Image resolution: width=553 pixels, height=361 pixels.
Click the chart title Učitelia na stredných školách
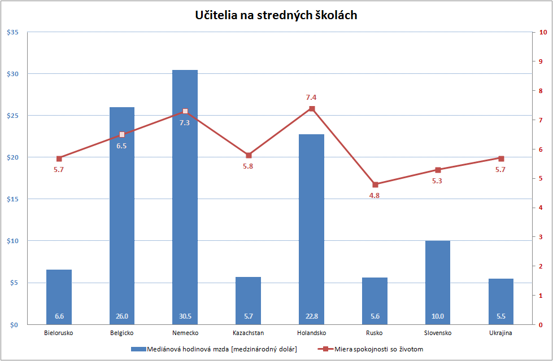coord(276,15)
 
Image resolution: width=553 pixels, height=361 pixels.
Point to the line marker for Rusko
coord(375,184)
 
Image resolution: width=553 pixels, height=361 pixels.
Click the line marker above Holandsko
coord(312,108)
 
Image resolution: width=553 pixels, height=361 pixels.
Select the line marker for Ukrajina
coord(501,159)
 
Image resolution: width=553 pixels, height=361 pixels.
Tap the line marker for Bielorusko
coord(59,159)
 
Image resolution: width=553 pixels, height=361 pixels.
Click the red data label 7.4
coord(311,98)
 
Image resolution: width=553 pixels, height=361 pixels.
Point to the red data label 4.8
coord(374,195)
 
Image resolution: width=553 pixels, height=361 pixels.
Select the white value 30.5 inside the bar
coord(185,316)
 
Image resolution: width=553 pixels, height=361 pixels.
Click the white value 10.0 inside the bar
coord(438,316)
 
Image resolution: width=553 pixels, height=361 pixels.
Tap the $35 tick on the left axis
coord(12,32)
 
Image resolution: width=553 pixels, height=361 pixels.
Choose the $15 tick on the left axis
coord(12,199)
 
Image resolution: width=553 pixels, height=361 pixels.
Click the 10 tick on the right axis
coord(542,32)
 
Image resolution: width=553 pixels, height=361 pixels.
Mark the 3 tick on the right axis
coord(541,237)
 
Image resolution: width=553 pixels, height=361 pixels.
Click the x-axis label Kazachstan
coord(248,333)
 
